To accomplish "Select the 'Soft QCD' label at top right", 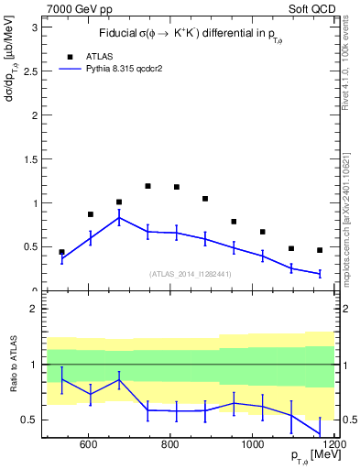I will (x=311, y=8).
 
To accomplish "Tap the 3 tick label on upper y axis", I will (x=35, y=27).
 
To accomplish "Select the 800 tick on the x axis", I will (x=170, y=444).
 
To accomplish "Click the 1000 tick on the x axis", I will (x=253, y=444).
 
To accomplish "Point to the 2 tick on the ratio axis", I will (x=34, y=309).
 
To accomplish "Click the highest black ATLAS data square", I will (x=147, y=186).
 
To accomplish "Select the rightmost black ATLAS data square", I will (x=320, y=250).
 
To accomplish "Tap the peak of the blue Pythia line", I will (x=119, y=217).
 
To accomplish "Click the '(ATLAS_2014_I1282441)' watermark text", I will (x=191, y=274).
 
